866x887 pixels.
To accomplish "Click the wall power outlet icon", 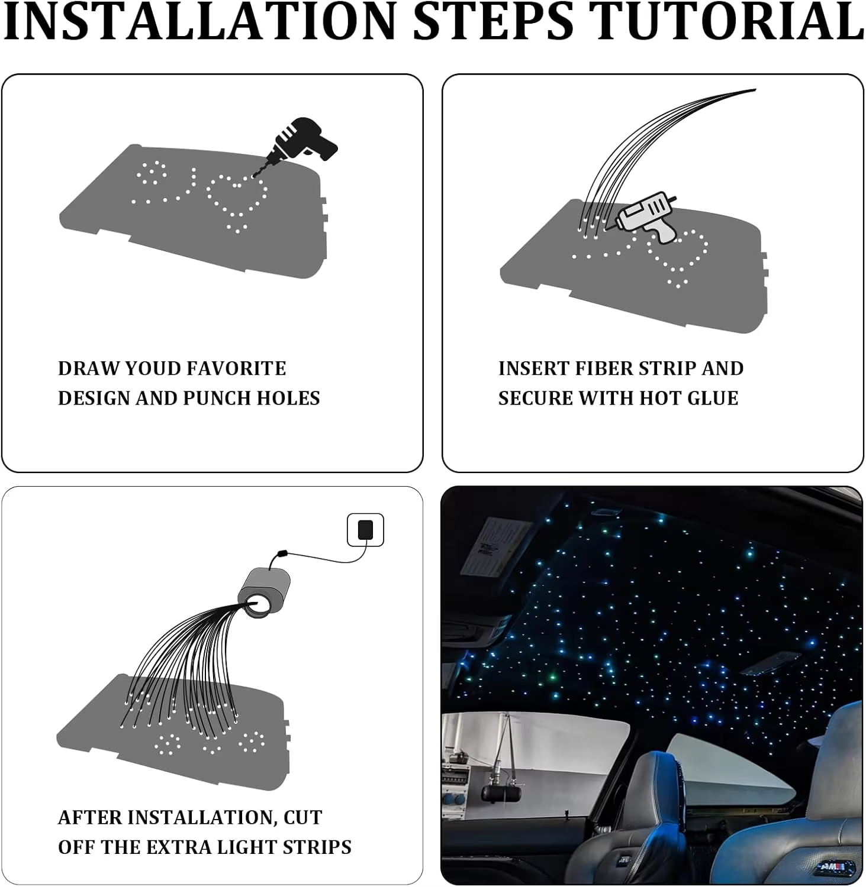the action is pos(365,530).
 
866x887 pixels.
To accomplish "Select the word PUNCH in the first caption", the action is pos(217,399).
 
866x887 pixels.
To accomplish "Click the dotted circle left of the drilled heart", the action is pos(152,173).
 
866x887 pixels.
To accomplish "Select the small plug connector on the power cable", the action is pos(282,553).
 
